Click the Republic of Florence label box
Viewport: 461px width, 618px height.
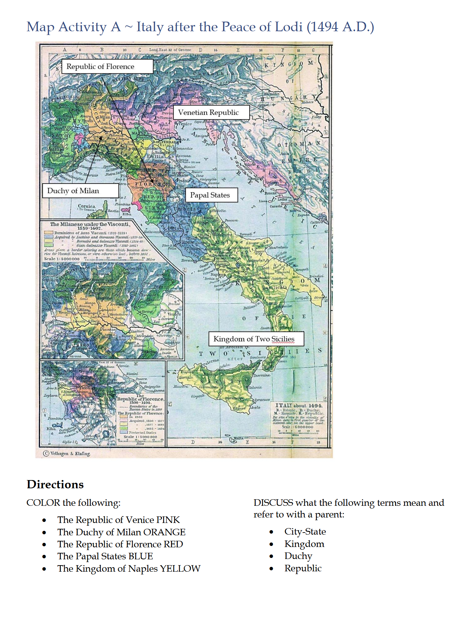107,67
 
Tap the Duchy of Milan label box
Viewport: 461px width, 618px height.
80,191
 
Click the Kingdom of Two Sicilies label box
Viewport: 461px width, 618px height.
256,339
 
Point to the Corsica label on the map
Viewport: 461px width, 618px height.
87,206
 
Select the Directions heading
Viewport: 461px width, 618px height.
55,485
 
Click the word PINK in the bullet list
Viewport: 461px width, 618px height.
168,520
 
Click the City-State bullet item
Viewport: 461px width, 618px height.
305,532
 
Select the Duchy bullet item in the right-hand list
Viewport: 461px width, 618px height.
298,556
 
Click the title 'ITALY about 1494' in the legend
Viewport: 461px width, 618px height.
299,406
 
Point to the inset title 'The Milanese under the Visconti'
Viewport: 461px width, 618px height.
90,224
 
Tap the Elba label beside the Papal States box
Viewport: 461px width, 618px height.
127,214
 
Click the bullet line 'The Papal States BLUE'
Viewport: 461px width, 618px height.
105,556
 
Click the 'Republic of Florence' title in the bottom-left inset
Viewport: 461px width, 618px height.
140,399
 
